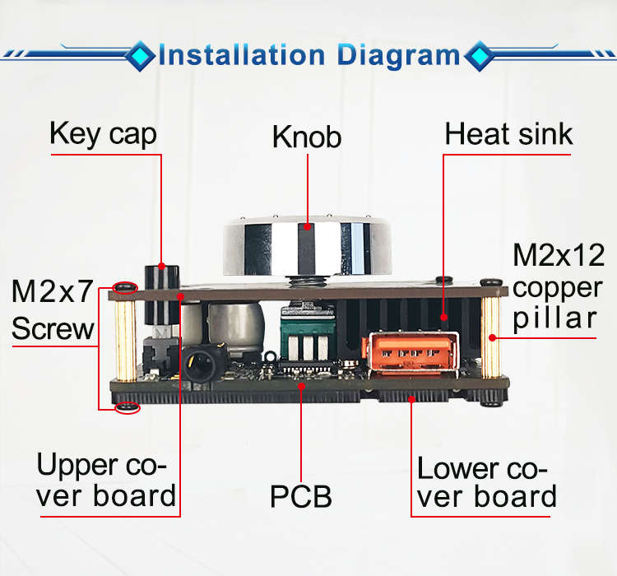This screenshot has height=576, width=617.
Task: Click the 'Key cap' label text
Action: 103,134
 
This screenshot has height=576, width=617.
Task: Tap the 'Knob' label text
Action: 307,137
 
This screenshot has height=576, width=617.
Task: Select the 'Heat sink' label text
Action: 508,134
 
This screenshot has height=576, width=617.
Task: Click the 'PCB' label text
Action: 301,496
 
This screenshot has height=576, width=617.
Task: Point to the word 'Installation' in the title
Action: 242,55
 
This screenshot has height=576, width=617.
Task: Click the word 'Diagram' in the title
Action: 398,56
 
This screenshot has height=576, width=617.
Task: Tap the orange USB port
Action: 411,353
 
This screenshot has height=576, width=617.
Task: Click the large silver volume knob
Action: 307,246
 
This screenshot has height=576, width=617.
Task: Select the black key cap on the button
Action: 162,295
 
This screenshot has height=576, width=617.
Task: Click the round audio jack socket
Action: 202,364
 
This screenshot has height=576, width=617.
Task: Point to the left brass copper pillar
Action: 126,341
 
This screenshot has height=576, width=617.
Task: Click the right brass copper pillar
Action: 490,337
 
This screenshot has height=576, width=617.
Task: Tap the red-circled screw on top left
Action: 125,288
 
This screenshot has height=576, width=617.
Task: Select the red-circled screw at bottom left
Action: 128,407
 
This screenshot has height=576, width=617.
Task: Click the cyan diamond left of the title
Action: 140,56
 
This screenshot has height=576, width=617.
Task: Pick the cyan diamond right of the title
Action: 479,56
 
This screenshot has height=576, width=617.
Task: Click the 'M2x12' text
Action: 559,255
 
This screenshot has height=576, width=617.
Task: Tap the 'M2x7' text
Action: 53,291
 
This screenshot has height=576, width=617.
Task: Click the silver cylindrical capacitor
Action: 235,327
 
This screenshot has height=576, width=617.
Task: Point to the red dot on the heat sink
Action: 444,317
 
